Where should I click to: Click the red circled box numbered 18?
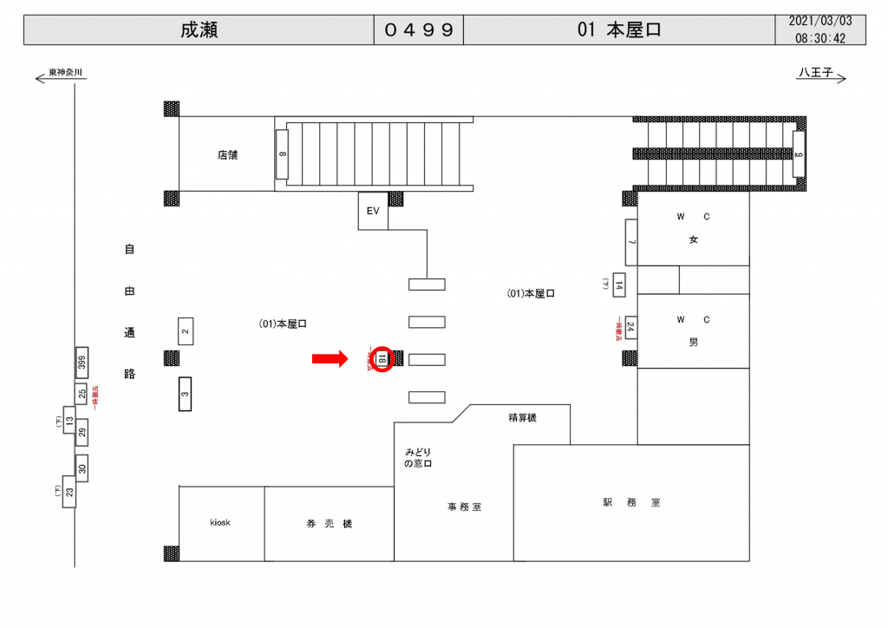tap(382, 358)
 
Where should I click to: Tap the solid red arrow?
tap(330, 358)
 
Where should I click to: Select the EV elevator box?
tap(374, 212)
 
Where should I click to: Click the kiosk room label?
tap(220, 523)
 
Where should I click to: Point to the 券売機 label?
tap(329, 524)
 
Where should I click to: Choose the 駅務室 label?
tap(631, 502)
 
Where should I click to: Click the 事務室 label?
tap(464, 507)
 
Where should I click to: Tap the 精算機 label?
tap(522, 418)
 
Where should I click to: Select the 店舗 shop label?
tap(227, 156)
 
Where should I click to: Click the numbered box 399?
tap(82, 363)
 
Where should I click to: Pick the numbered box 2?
tap(185, 330)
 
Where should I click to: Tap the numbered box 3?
tap(185, 393)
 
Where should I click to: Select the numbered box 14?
tap(618, 284)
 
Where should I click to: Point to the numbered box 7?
tap(630, 241)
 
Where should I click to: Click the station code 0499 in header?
tap(419, 29)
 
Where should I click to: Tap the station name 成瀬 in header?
tap(199, 29)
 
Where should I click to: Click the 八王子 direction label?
tap(815, 74)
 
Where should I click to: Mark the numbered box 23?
tap(69, 493)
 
